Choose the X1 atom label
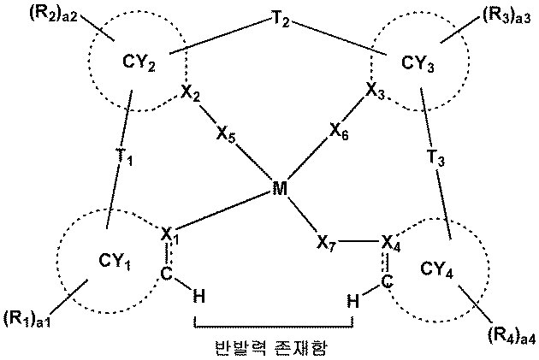coord(169,233)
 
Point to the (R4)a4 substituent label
coord(512,334)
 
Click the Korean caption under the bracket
coord(274,348)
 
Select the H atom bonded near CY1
coord(198,297)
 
